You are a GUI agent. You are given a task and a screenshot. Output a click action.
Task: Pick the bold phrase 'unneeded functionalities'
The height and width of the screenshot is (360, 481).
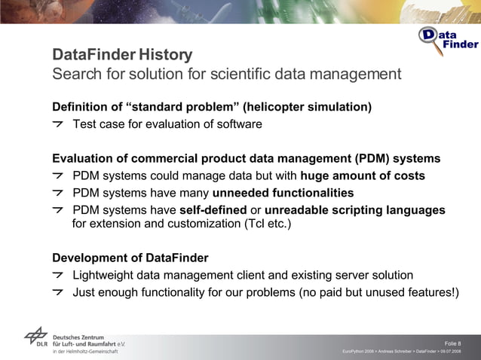tap(283, 193)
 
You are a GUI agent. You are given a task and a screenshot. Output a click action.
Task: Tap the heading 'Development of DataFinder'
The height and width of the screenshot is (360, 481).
tap(130, 258)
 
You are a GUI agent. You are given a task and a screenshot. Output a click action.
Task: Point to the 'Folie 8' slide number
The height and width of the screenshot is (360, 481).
tap(453, 343)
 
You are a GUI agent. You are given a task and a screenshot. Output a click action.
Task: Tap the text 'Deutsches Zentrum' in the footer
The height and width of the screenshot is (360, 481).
tap(78, 337)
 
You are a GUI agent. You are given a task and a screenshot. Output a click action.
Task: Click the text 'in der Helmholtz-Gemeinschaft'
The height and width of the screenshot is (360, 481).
tap(84, 352)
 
